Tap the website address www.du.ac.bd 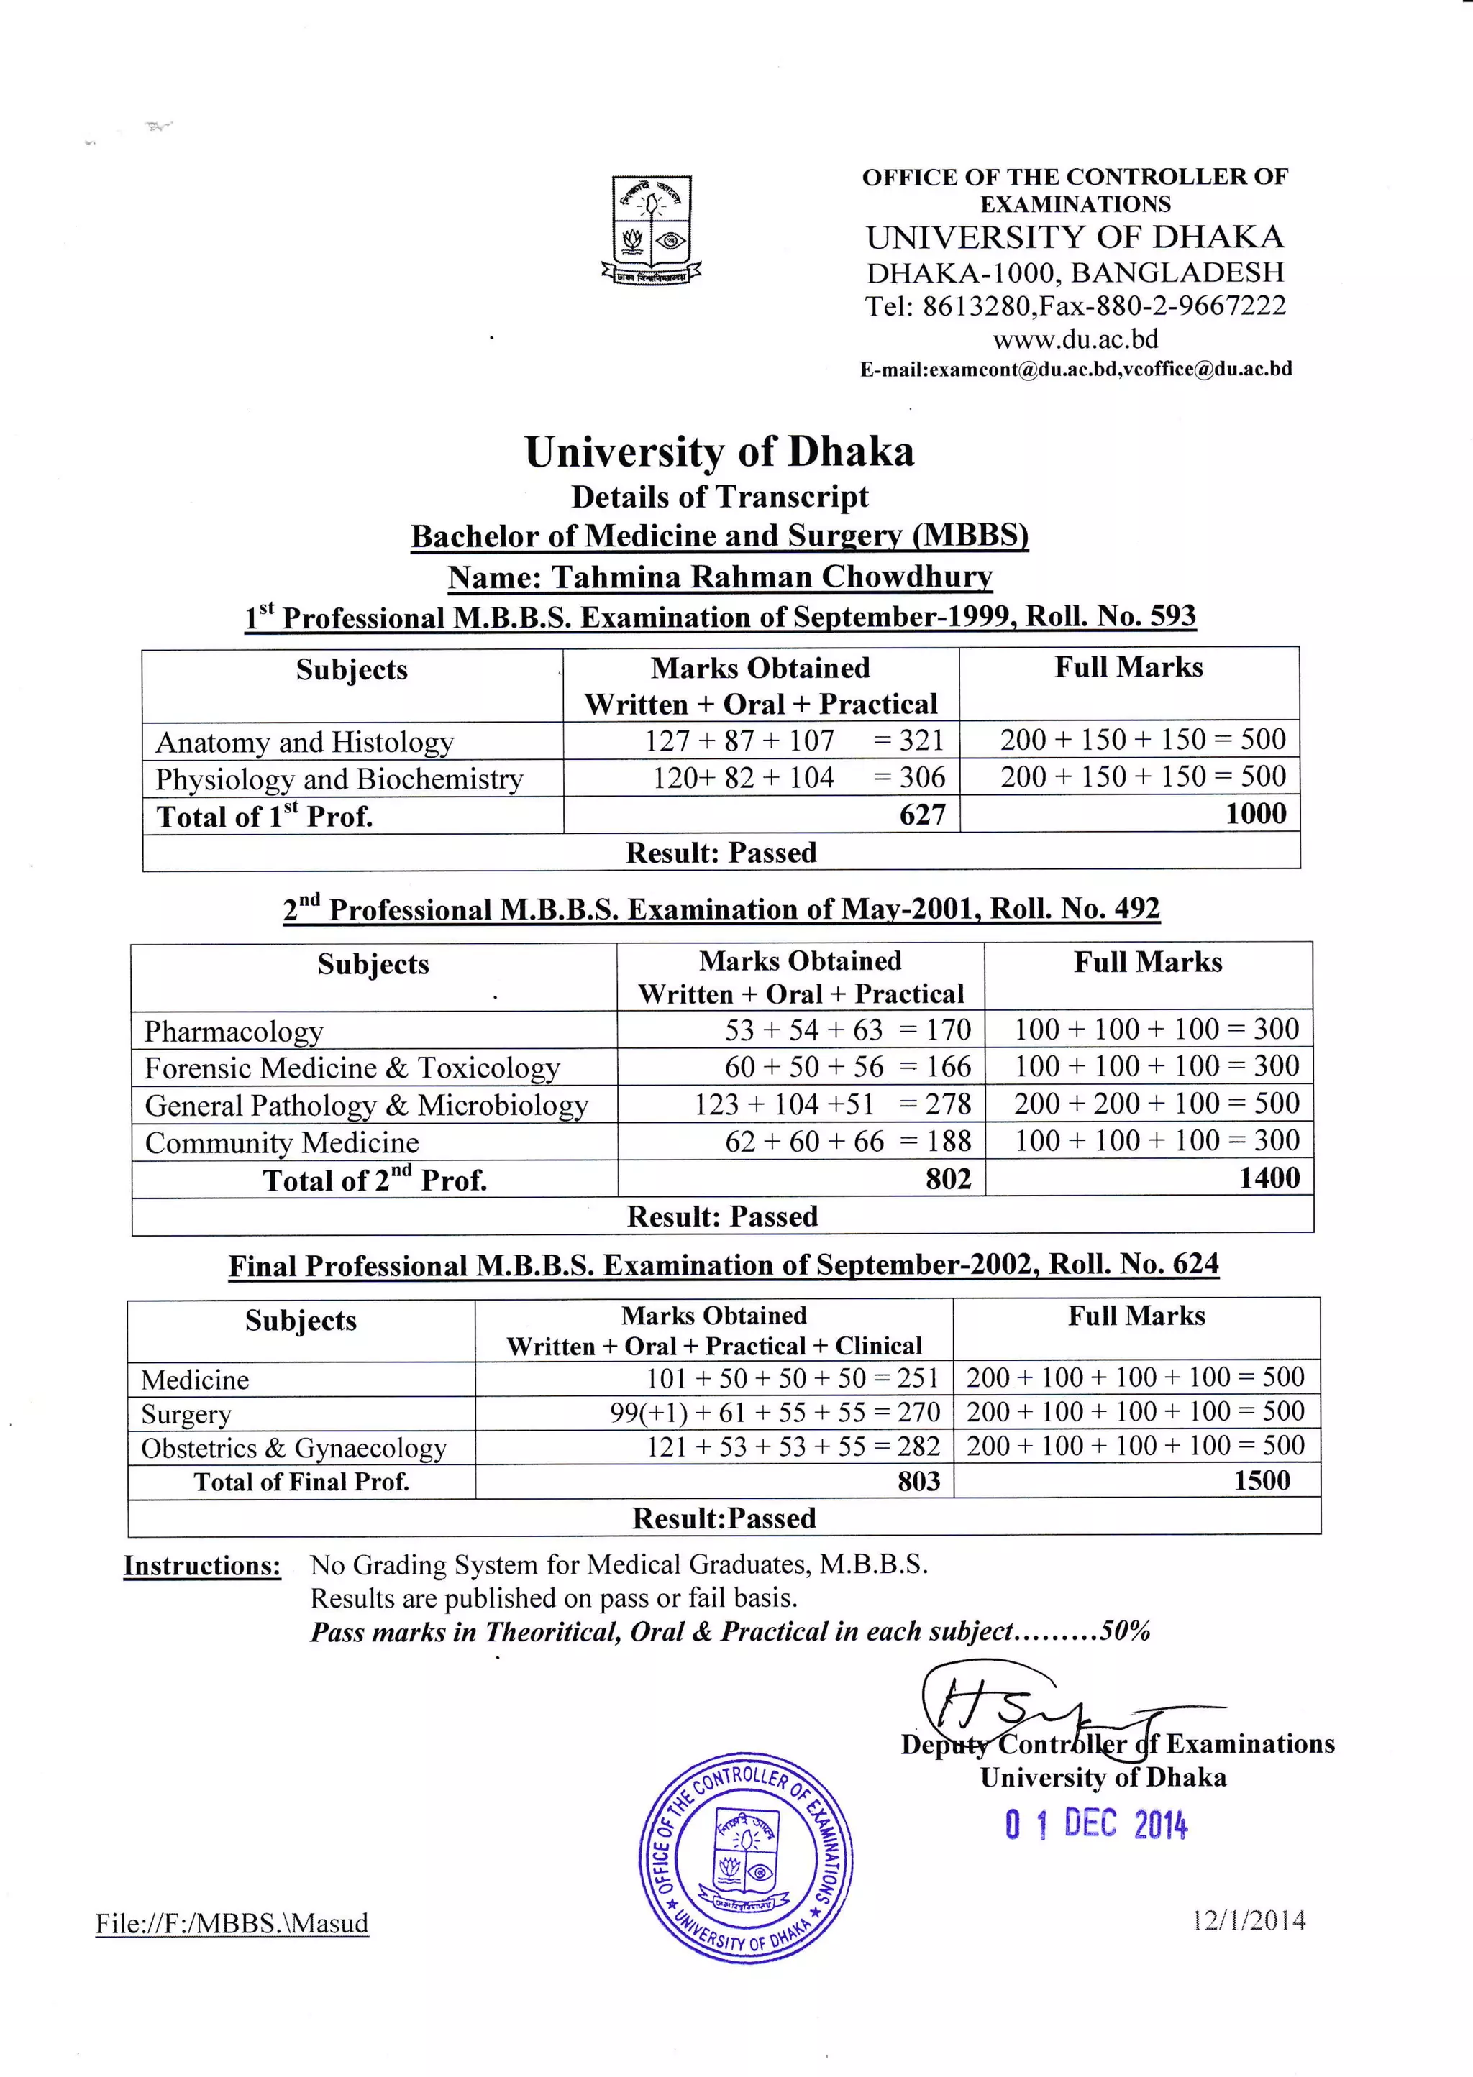point(1076,339)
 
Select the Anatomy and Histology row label point(305,743)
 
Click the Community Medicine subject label point(282,1142)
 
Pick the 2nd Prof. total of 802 point(948,1178)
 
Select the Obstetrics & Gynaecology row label point(294,1448)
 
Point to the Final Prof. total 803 point(918,1482)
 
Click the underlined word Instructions point(202,1566)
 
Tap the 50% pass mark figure point(1125,1632)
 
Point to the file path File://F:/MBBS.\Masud point(232,1924)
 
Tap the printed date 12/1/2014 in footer point(1249,1920)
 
